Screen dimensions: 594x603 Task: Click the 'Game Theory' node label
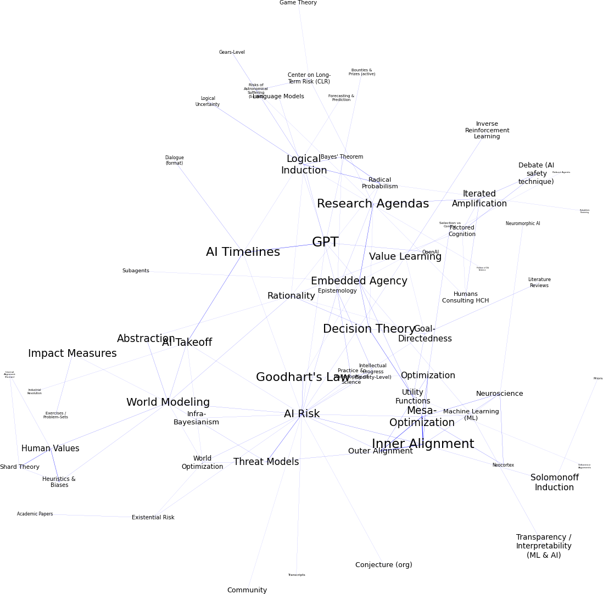click(x=298, y=3)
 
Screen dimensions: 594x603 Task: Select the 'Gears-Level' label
click(x=232, y=52)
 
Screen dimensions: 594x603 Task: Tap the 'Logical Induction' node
click(x=304, y=165)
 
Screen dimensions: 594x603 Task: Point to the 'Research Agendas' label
click(x=373, y=204)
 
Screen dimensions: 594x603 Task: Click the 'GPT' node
click(x=325, y=242)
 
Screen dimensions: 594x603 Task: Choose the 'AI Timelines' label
click(x=243, y=253)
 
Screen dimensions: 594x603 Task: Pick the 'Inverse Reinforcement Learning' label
click(x=487, y=130)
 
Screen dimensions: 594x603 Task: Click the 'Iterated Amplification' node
click(x=479, y=199)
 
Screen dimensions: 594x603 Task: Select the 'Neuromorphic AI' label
click(x=523, y=223)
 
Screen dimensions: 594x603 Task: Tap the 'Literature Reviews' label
click(x=539, y=282)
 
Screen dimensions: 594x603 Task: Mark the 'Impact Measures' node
click(x=72, y=354)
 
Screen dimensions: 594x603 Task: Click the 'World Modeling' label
click(x=168, y=402)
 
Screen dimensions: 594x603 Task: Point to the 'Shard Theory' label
click(x=20, y=467)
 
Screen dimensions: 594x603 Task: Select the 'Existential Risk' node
click(x=153, y=518)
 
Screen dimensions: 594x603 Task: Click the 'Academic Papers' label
click(x=35, y=514)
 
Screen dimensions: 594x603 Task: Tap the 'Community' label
click(x=247, y=590)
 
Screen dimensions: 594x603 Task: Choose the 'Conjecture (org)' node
click(x=384, y=565)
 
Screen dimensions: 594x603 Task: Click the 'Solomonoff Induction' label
click(x=555, y=483)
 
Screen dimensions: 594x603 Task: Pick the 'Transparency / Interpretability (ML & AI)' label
click(x=544, y=546)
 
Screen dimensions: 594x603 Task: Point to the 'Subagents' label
click(x=136, y=271)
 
